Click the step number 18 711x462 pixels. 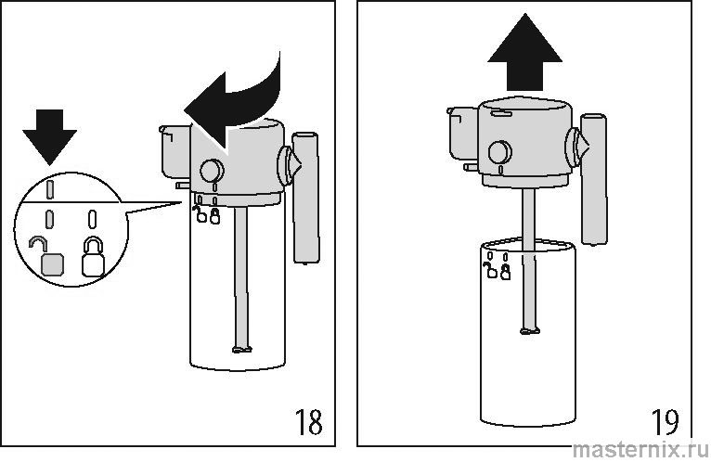click(x=309, y=422)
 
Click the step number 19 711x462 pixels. click(x=666, y=422)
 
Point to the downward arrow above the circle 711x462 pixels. click(x=50, y=137)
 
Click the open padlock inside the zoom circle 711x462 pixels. click(x=48, y=258)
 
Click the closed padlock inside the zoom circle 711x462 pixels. click(x=94, y=257)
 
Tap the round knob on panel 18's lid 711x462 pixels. click(x=212, y=171)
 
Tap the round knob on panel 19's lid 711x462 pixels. click(x=500, y=152)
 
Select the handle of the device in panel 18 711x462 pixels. click(x=305, y=198)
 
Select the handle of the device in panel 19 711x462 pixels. click(x=594, y=179)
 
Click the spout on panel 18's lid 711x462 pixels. click(x=175, y=151)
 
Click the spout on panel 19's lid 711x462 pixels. click(x=463, y=133)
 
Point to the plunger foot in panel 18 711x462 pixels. click(x=241, y=349)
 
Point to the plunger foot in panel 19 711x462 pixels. click(x=530, y=330)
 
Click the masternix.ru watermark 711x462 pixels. click(x=640, y=450)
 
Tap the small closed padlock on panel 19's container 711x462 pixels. click(x=505, y=272)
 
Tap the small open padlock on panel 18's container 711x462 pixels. click(x=200, y=215)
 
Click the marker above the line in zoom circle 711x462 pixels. click(x=50, y=189)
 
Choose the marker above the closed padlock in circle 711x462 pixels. click(x=92, y=219)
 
